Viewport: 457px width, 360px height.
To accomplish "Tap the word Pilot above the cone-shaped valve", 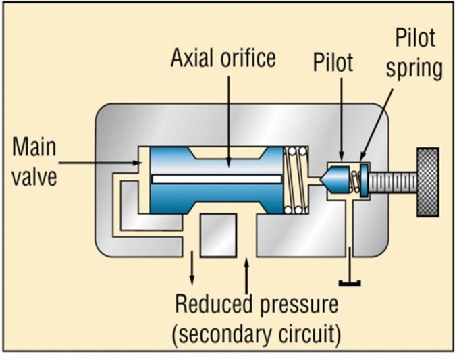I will click(333, 63).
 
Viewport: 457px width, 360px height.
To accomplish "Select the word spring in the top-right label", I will click(414, 69).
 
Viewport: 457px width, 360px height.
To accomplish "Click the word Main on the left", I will click(34, 147).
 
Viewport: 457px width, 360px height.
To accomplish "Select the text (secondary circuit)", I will click(258, 334).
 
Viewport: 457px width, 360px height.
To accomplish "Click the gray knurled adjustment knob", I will click(427, 182).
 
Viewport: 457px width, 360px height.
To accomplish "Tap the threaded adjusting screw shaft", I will click(392, 182).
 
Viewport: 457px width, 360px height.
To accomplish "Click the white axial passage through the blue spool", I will click(216, 179).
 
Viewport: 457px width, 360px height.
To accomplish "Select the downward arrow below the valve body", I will click(192, 269).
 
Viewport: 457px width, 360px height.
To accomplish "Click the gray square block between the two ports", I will click(219, 234).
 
